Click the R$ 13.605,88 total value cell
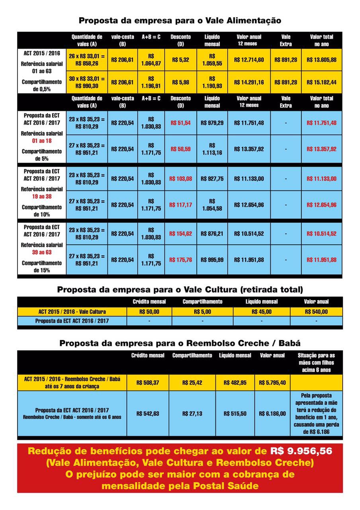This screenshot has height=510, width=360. [x=322, y=60]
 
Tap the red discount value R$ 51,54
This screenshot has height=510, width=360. [x=180, y=123]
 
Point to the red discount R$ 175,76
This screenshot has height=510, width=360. [x=180, y=259]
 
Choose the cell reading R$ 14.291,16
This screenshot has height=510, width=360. [x=249, y=82]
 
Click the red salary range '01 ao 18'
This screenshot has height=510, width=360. [x=42, y=141]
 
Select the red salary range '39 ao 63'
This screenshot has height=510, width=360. [x=42, y=252]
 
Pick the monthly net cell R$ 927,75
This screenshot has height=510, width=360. [x=212, y=178]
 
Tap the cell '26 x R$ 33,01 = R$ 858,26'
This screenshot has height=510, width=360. [x=86, y=60]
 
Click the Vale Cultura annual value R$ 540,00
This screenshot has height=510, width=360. [x=316, y=312]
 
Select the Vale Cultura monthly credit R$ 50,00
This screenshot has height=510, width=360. [x=149, y=312]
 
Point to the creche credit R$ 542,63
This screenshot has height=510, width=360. [x=148, y=414]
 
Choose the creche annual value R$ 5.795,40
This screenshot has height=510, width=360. [x=272, y=382]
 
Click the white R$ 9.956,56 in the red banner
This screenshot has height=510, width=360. [x=301, y=451]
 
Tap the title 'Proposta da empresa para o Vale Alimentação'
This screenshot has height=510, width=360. [x=180, y=20]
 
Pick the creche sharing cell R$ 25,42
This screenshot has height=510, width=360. [x=192, y=382]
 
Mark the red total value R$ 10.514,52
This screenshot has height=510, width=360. [x=322, y=233]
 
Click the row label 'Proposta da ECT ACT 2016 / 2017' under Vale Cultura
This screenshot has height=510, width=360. [x=72, y=321]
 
